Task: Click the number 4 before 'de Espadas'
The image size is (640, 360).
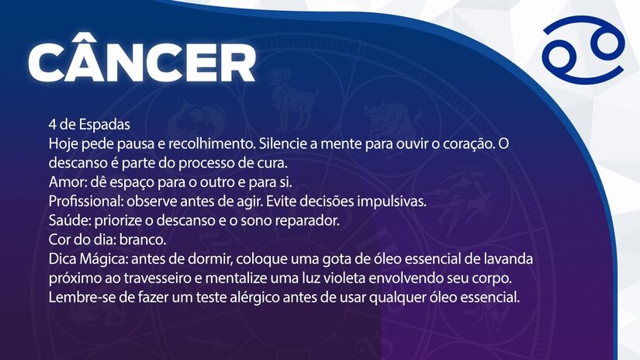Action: [52, 125]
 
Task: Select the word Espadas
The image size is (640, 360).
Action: [105, 125]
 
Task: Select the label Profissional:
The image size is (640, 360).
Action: [86, 201]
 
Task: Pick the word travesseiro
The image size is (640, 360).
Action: [163, 277]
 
